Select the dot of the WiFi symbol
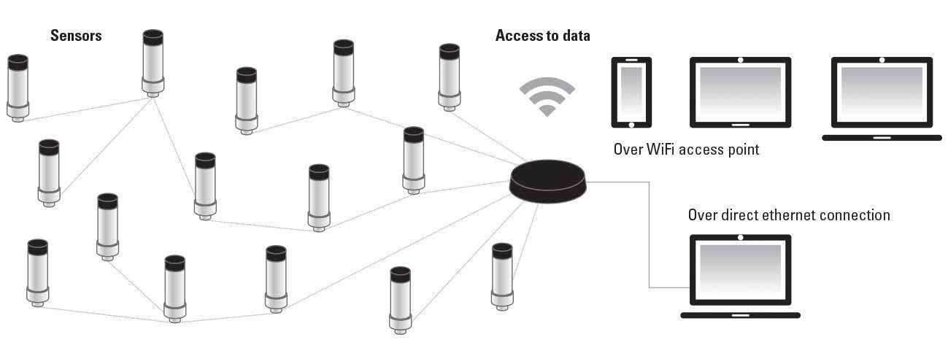[x=547, y=112]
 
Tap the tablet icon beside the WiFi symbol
[x=631, y=92]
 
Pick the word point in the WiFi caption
[x=742, y=150]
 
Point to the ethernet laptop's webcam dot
[x=741, y=238]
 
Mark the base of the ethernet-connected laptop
[x=740, y=315]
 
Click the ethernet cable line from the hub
[x=648, y=233]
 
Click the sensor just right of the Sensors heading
[x=153, y=63]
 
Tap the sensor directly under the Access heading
[x=450, y=76]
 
